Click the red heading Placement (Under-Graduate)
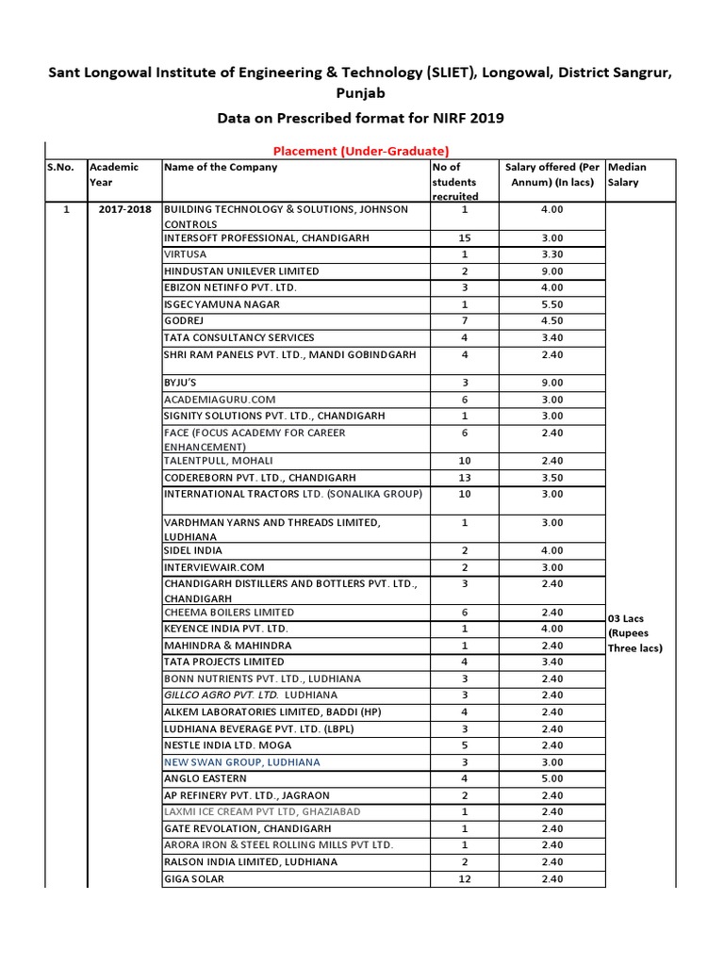click(360, 150)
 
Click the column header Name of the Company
click(221, 167)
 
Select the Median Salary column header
click(628, 174)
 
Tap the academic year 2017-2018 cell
click(124, 209)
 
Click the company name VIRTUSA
click(185, 254)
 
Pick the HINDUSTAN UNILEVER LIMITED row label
click(241, 271)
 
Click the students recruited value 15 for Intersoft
click(464, 238)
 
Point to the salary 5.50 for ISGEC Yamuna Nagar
click(551, 304)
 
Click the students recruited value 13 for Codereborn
click(464, 478)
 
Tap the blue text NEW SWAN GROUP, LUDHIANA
click(241, 761)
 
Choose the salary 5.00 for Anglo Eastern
click(551, 778)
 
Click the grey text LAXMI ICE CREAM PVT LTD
click(262, 811)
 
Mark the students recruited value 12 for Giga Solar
click(464, 878)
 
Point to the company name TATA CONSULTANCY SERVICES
click(239, 337)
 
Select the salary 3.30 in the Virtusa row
click(551, 254)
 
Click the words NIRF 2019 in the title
click(465, 118)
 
